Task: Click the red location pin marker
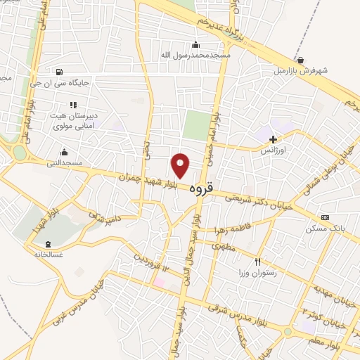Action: (x=181, y=165)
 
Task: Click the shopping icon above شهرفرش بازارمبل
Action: (x=301, y=60)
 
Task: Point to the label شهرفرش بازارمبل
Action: (x=302, y=71)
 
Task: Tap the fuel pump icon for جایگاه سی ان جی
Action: (x=58, y=71)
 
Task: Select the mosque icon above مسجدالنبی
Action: (x=65, y=152)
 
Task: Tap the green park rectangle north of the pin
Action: (x=196, y=125)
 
